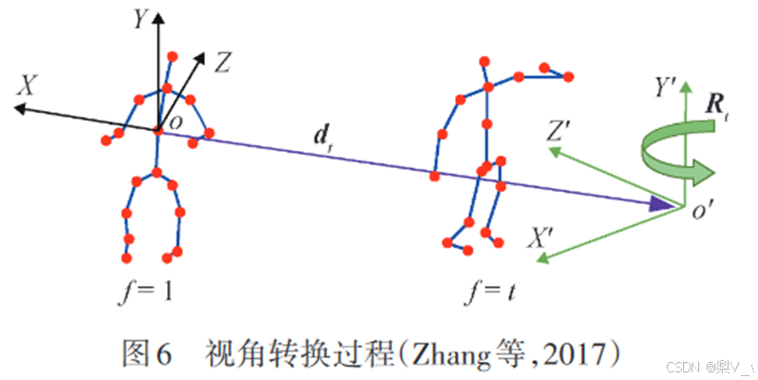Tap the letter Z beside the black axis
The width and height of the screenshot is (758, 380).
[222, 64]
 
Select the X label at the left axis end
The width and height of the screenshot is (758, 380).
[31, 86]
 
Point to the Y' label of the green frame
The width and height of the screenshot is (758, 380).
[665, 89]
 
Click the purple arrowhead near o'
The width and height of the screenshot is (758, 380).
[659, 202]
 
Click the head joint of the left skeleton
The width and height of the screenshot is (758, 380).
[171, 55]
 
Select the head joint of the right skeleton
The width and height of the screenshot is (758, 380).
[483, 62]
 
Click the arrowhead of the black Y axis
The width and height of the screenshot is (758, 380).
[159, 17]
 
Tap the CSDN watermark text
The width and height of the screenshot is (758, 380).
[683, 366]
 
